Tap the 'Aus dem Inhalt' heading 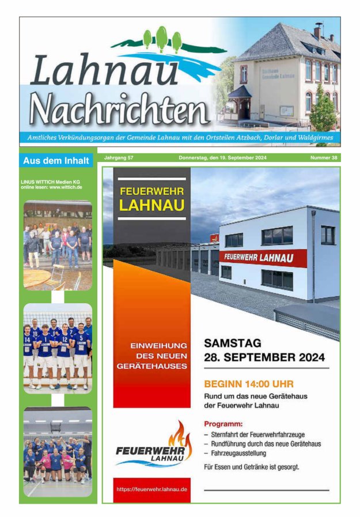coord(56,160)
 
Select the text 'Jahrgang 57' coord(119,158)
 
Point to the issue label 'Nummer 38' coord(324,158)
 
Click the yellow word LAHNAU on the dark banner coord(151,206)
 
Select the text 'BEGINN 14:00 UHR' coord(249,383)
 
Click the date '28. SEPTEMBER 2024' coord(264,357)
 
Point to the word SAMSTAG coord(233,343)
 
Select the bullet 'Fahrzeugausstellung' coord(237,454)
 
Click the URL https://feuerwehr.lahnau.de coord(151,489)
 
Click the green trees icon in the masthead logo coord(162,39)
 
